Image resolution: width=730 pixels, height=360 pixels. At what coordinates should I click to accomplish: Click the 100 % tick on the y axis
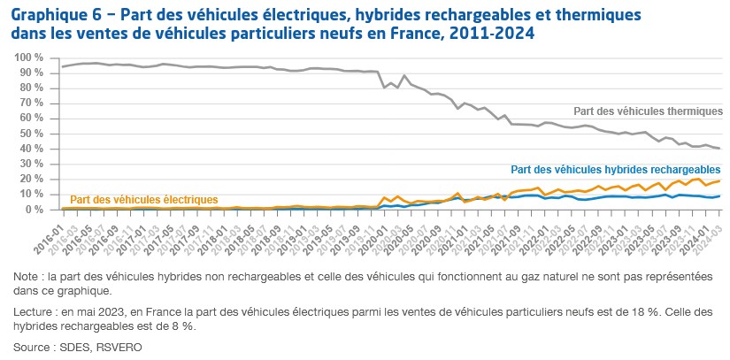[28, 57]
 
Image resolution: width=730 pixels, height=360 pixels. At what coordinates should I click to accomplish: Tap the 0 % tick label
[35, 210]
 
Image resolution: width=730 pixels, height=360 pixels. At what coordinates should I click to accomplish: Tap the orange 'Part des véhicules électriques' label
[142, 200]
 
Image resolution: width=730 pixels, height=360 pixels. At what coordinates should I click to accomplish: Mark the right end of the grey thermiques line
[718, 149]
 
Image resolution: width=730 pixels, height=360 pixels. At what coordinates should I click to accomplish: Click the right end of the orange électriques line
[718, 180]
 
